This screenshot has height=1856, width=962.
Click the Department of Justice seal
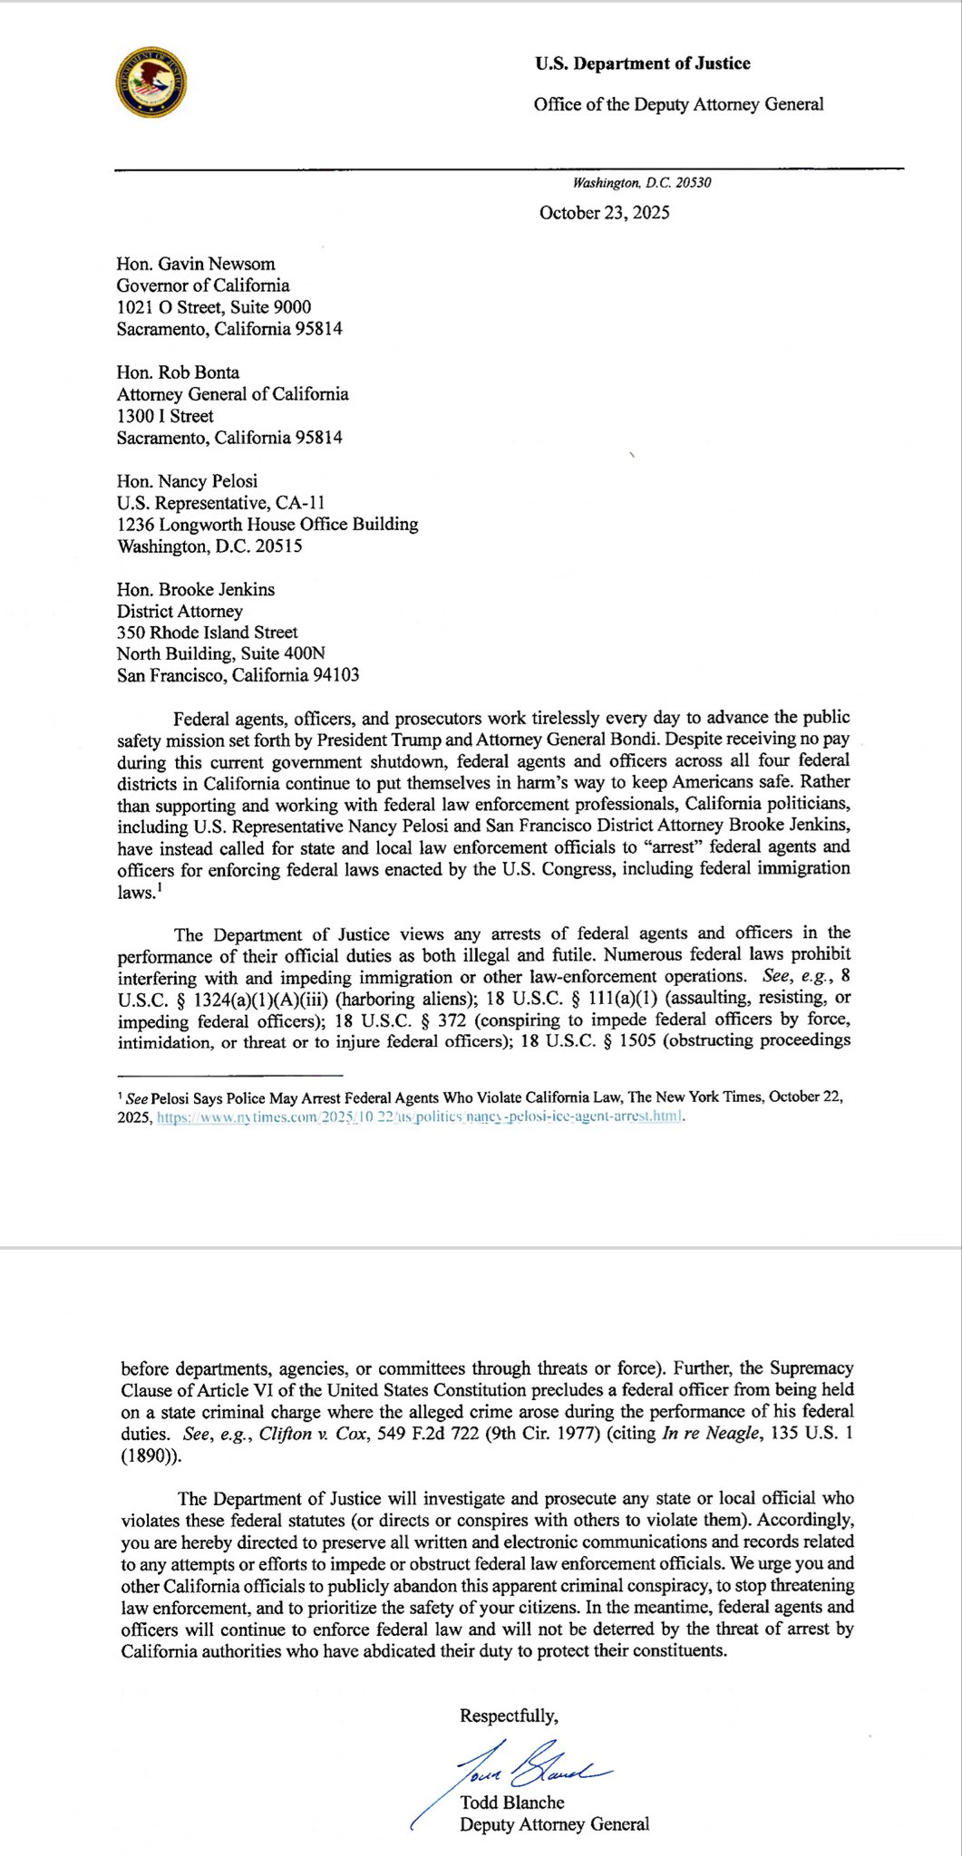point(152,82)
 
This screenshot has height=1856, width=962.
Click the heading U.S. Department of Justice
point(642,63)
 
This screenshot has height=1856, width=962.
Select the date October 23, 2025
point(604,213)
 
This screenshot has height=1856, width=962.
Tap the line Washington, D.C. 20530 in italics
point(642,183)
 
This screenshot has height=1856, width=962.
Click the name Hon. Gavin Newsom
point(195,264)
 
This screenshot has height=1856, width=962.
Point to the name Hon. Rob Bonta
point(178,372)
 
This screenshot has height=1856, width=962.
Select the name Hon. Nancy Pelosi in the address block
point(187,481)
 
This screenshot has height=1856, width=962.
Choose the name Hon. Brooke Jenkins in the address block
point(195,589)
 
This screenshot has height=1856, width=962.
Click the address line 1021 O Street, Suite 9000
point(214,307)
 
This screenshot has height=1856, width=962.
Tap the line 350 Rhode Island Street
point(207,633)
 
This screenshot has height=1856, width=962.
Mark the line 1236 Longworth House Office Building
point(267,524)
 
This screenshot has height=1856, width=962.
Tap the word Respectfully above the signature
point(508,1716)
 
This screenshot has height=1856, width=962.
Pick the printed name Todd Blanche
point(511,1803)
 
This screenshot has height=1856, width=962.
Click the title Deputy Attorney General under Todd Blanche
point(554,1824)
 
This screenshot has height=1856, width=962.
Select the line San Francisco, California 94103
point(238,675)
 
